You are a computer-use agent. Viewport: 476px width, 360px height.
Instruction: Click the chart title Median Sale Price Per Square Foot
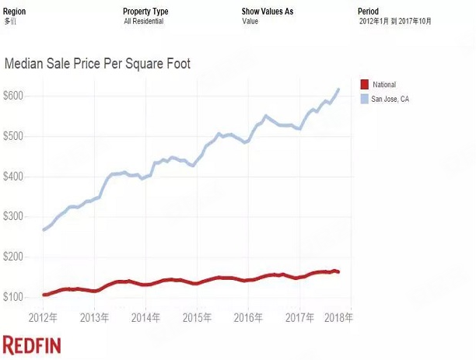[x=98, y=64]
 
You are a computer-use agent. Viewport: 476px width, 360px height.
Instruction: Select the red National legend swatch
[x=364, y=84]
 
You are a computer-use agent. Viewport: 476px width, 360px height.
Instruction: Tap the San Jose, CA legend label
[x=390, y=99]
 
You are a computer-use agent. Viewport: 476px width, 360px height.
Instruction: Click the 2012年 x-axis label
[x=43, y=318]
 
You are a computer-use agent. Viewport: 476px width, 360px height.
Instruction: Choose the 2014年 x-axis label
[x=145, y=318]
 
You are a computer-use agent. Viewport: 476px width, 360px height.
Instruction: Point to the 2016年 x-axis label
[x=247, y=318]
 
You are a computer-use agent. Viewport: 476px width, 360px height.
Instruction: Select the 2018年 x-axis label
[x=339, y=318]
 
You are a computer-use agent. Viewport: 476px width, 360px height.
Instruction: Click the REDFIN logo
[x=32, y=345]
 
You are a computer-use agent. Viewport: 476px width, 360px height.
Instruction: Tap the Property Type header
[x=145, y=12]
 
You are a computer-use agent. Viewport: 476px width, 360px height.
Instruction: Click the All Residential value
[x=144, y=21]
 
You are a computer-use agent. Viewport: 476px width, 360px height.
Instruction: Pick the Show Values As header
[x=268, y=12]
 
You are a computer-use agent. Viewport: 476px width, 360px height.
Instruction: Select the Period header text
[x=368, y=12]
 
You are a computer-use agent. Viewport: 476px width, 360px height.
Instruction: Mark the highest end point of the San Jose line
[x=339, y=89]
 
